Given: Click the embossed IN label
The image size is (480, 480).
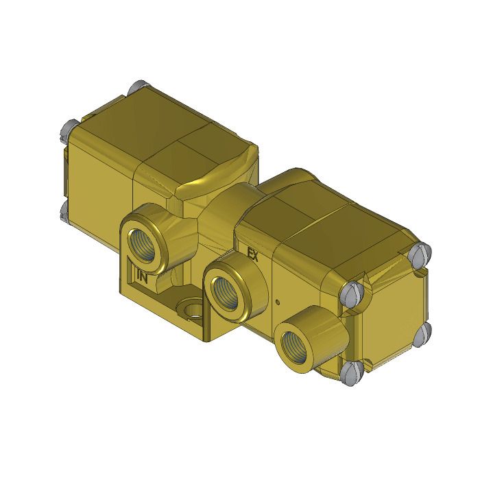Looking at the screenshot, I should (142, 277).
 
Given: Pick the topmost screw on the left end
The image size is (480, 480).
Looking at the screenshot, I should (136, 89).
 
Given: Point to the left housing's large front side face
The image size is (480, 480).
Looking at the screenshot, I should (99, 178).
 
